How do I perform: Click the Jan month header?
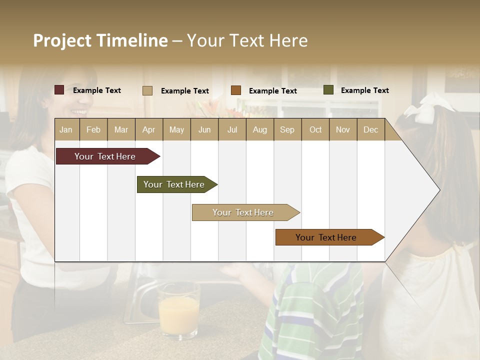(x=66, y=129)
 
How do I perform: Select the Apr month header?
(x=148, y=129)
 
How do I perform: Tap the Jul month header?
(x=232, y=129)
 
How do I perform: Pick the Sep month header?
(x=287, y=129)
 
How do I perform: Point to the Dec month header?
(x=370, y=129)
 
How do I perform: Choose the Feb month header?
(x=93, y=129)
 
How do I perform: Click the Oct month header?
(x=315, y=129)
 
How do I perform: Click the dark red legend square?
(x=59, y=90)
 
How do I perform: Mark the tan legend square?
(x=147, y=90)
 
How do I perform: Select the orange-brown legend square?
(x=236, y=90)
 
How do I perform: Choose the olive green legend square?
(x=328, y=90)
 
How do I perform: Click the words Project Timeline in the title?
(x=100, y=40)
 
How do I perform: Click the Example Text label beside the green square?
(x=364, y=90)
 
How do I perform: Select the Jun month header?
(x=204, y=129)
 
